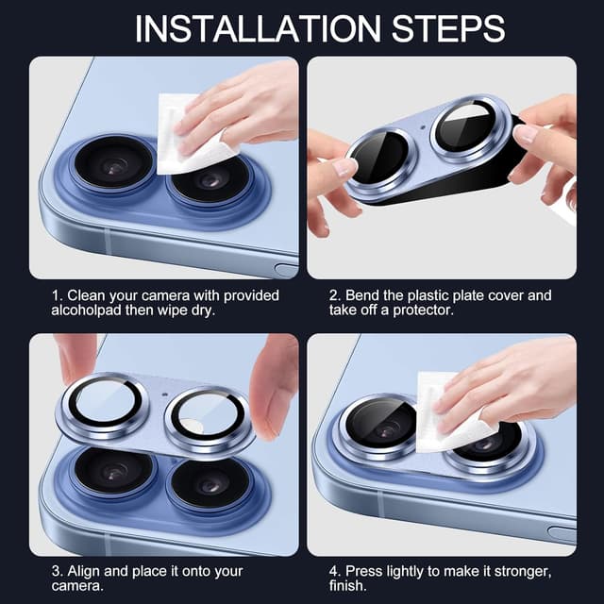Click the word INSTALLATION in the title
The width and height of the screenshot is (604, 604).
(258, 29)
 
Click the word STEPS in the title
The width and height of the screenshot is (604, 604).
(448, 29)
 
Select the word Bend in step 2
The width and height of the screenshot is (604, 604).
(362, 295)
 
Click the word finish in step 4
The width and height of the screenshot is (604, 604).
(347, 586)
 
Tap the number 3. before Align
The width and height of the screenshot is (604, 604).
(57, 571)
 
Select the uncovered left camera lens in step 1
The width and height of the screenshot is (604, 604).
(113, 163)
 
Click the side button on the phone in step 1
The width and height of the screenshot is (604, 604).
(287, 269)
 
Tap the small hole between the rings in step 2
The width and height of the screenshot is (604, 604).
(423, 127)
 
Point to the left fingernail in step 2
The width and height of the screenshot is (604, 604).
(344, 167)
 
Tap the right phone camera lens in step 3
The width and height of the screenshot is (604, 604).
(210, 484)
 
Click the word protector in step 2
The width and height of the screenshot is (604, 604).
(423, 310)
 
